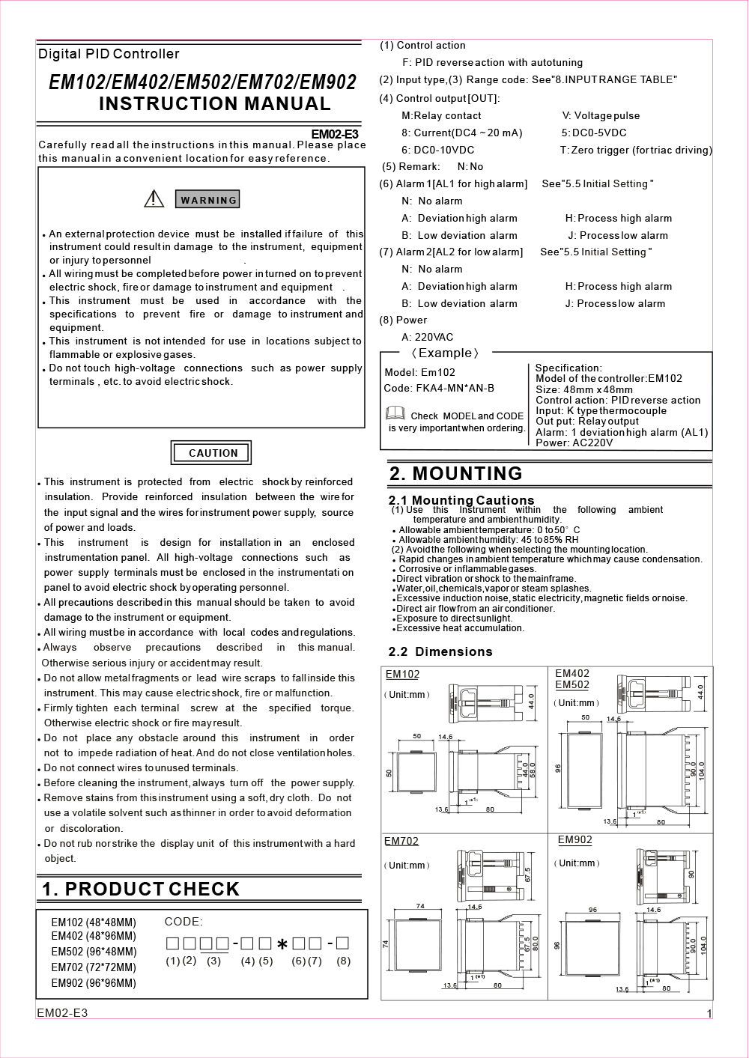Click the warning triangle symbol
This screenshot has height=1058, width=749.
[x=154, y=198]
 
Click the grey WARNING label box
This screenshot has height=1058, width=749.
[x=208, y=200]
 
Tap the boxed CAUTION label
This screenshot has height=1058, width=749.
[x=212, y=453]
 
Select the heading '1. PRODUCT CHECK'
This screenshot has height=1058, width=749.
[x=141, y=889]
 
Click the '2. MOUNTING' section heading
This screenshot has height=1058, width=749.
[x=455, y=473]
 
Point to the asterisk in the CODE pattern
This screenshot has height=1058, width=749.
[x=282, y=945]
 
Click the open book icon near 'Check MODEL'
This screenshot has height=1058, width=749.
[x=395, y=414]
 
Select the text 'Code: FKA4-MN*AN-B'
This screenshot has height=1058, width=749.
[x=439, y=388]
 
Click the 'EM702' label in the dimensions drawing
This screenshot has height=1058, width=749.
[x=401, y=841]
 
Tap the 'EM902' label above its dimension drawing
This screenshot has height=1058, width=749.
[x=574, y=840]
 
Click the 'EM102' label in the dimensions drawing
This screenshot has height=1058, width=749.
[x=402, y=674]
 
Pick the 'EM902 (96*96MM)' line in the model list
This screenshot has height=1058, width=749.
[x=94, y=983]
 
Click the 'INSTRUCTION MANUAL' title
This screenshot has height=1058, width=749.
[x=215, y=103]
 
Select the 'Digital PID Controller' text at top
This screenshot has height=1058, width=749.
[x=109, y=54]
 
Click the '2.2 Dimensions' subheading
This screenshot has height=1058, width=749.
[x=440, y=651]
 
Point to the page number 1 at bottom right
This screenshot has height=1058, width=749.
[x=709, y=1014]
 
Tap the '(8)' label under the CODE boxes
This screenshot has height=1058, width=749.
[x=343, y=961]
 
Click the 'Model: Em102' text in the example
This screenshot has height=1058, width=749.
[x=419, y=372]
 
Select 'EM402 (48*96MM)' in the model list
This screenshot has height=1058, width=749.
[x=94, y=936]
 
